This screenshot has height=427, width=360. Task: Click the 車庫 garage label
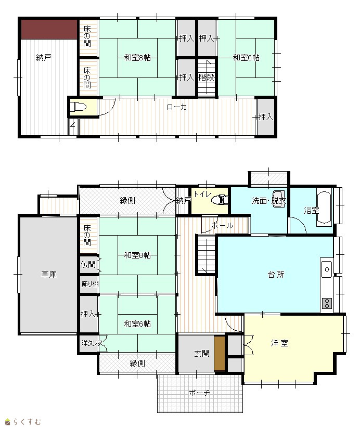point(49,274)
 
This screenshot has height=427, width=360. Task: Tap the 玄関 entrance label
point(202,353)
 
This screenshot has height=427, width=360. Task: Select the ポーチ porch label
point(199,393)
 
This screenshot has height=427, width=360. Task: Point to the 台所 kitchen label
point(276,274)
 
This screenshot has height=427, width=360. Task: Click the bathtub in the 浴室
point(324,209)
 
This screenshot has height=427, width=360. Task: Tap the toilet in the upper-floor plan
point(78,107)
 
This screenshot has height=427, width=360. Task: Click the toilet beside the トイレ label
point(220,200)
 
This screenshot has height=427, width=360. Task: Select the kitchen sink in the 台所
point(327,269)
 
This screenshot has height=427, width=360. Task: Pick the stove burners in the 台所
point(327,303)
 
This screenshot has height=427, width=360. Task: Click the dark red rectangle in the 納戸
point(49,29)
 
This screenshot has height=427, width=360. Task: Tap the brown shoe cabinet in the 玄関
point(220,354)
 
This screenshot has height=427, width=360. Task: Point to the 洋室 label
point(279,343)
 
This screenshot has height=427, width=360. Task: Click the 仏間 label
point(88,264)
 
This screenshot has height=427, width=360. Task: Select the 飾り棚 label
point(90,284)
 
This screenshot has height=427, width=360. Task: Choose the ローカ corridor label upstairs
point(177,107)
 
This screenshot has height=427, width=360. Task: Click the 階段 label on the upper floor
point(207,77)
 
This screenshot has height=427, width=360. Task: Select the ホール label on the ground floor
point(222,226)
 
